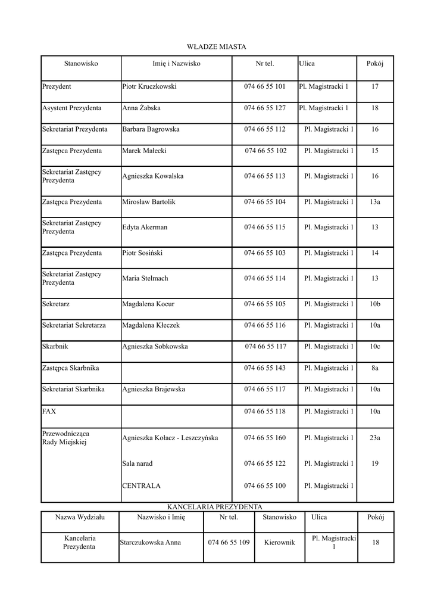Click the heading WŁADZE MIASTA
(216, 46)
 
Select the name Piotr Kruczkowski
(149, 87)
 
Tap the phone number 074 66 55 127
(265, 108)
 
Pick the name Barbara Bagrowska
(151, 129)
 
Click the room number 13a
(375, 202)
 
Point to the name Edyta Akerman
(145, 228)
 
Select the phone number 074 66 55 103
(265, 253)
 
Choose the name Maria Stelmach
(145, 278)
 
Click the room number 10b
(375, 304)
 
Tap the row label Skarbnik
(55, 346)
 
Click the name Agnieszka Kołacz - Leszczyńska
(170, 438)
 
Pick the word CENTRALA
(141, 486)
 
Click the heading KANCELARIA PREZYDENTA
(215, 506)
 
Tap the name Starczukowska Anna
(151, 543)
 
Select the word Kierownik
(280, 543)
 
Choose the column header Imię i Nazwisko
(177, 64)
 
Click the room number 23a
(375, 438)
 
